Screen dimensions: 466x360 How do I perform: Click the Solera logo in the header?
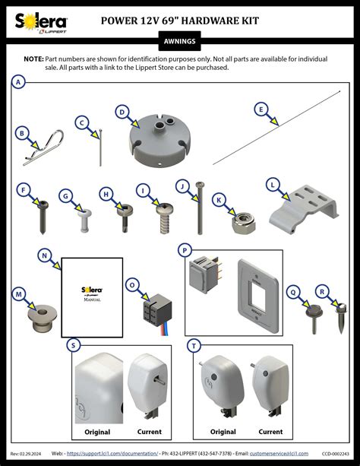point(42,24)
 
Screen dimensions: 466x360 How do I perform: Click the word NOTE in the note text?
point(33,59)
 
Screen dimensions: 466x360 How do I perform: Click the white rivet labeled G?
point(83,219)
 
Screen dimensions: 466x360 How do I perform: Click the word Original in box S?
point(97,432)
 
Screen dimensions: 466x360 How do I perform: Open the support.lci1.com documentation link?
point(112,454)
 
